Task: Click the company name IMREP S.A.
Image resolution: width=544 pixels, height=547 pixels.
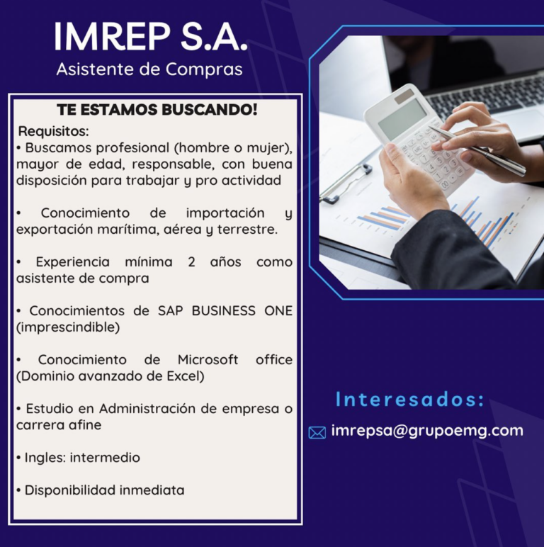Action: pos(151,37)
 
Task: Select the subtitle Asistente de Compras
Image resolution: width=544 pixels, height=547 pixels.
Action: pos(149,69)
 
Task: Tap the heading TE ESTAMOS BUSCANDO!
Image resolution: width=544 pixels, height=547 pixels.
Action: pos(157,110)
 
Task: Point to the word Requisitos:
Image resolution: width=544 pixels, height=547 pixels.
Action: pos(54,132)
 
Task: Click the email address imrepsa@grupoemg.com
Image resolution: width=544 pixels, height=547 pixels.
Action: pos(427,431)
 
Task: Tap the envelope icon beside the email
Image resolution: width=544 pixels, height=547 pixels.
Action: pos(317,433)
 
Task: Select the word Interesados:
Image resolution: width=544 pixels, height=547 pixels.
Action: pos(409,400)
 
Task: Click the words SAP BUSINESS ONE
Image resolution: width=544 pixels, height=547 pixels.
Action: pos(225,310)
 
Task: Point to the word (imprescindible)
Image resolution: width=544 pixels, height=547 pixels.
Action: pos(68,327)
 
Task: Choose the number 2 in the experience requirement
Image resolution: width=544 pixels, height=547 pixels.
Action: pos(191,261)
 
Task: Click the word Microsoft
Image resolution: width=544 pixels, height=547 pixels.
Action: pos(208,359)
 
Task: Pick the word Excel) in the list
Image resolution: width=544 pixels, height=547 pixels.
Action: pos(186,376)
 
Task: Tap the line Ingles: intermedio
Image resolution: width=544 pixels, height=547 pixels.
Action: pos(78,457)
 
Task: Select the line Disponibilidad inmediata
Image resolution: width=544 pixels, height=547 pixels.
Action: pos(100,490)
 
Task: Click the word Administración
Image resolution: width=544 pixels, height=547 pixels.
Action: pos(147,408)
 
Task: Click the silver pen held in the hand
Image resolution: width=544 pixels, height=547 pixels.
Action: pos(477,151)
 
